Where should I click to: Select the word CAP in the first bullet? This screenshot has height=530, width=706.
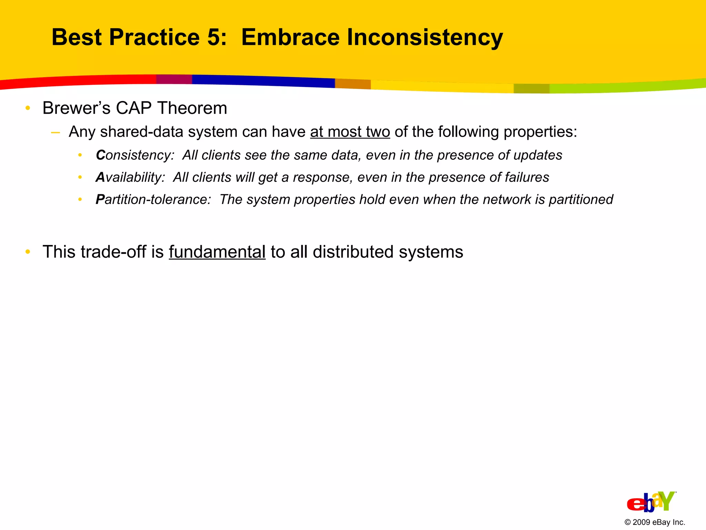click(x=133, y=108)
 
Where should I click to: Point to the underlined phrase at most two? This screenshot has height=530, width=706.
click(x=350, y=132)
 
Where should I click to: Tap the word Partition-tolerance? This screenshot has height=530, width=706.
click(x=153, y=199)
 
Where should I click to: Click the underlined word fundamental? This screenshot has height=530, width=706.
click(x=217, y=252)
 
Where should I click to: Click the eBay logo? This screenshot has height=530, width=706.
click(x=651, y=502)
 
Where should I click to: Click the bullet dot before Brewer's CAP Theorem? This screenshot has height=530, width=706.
click(x=28, y=108)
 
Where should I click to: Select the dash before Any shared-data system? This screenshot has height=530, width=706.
click(x=55, y=132)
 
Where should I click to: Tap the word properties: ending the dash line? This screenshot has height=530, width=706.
click(x=540, y=132)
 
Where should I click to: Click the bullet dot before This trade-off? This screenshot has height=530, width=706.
click(x=28, y=252)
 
